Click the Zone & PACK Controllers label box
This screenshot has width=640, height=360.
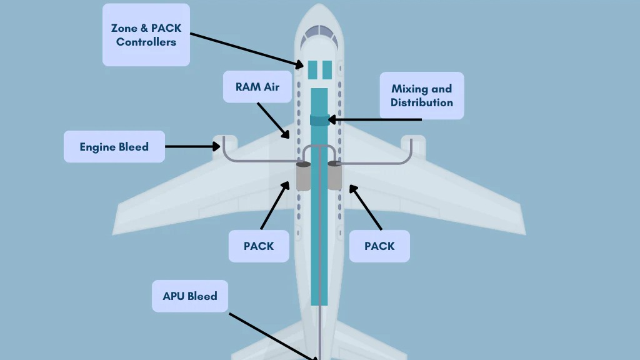click(x=146, y=35)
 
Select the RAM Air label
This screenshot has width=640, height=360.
click(x=257, y=87)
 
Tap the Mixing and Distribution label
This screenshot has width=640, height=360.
click(x=422, y=96)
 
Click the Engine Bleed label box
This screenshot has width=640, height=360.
click(x=114, y=146)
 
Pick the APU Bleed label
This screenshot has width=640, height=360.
click(x=190, y=296)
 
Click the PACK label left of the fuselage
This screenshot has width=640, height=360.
click(x=259, y=246)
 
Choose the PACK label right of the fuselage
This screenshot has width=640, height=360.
click(x=379, y=246)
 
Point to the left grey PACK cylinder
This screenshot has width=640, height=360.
click(x=303, y=176)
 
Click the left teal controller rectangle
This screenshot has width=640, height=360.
click(x=312, y=70)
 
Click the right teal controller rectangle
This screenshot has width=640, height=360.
click(x=327, y=70)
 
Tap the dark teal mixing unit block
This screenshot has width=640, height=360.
click(x=319, y=120)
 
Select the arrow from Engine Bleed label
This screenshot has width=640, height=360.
click(x=192, y=146)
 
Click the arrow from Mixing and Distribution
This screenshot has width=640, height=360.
click(x=375, y=120)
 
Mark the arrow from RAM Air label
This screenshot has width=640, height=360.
click(x=273, y=121)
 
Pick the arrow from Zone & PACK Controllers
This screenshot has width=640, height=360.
click(x=247, y=50)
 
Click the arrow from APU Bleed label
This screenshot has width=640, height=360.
click(x=273, y=336)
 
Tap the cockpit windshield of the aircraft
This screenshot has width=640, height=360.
click(x=319, y=36)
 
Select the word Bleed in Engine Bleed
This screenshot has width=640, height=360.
click(x=132, y=146)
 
